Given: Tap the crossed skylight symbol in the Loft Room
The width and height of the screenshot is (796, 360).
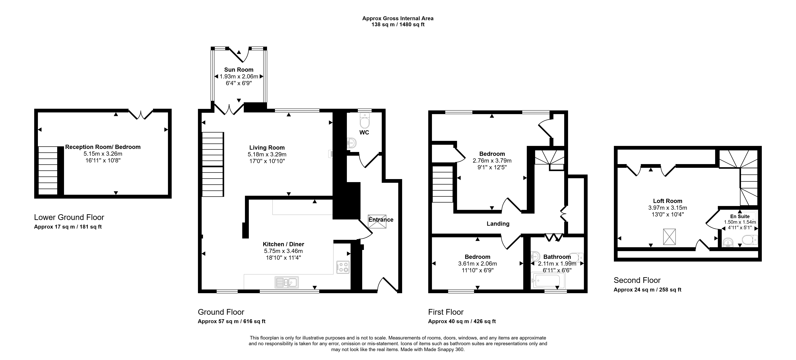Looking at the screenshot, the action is click(669, 237).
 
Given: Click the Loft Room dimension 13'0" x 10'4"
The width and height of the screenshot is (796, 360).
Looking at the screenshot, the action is click(667, 214).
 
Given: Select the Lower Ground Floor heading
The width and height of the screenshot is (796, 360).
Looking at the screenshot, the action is click(69, 217).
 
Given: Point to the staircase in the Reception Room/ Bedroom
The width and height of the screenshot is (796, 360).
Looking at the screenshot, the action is click(48, 170).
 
